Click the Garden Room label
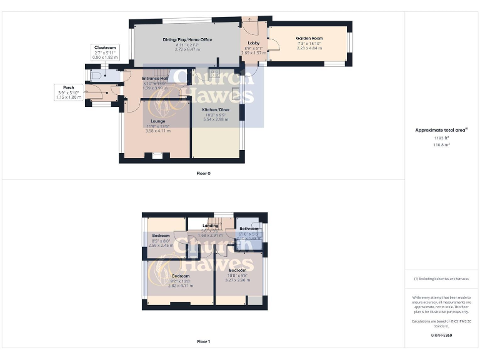click(x=308, y=38)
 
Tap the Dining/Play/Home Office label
click(x=187, y=40)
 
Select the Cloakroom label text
click(x=105, y=47)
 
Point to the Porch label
click(x=68, y=87)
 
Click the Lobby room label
click(x=254, y=43)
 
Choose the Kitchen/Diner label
click(x=216, y=109)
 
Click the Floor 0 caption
click(x=204, y=173)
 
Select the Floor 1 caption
click(x=204, y=342)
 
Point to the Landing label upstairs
click(x=210, y=226)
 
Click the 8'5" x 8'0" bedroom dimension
click(x=161, y=241)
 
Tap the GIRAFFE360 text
click(x=441, y=336)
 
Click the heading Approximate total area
click(x=441, y=130)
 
